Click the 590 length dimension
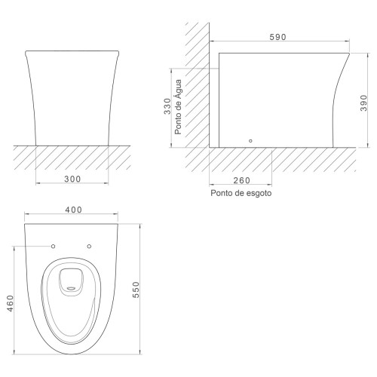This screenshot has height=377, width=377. [x=277, y=37]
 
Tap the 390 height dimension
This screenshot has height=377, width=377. [x=363, y=103]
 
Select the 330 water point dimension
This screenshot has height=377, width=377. [x=167, y=106]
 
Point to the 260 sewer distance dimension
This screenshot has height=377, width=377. [x=242, y=180]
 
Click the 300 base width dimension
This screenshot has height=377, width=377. [x=72, y=179]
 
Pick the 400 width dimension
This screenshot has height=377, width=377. [x=74, y=210]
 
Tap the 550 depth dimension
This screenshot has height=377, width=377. [x=136, y=290]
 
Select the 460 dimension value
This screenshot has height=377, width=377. [x=10, y=303]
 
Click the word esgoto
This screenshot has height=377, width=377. [x=258, y=193]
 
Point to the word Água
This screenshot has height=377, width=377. [x=178, y=89]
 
